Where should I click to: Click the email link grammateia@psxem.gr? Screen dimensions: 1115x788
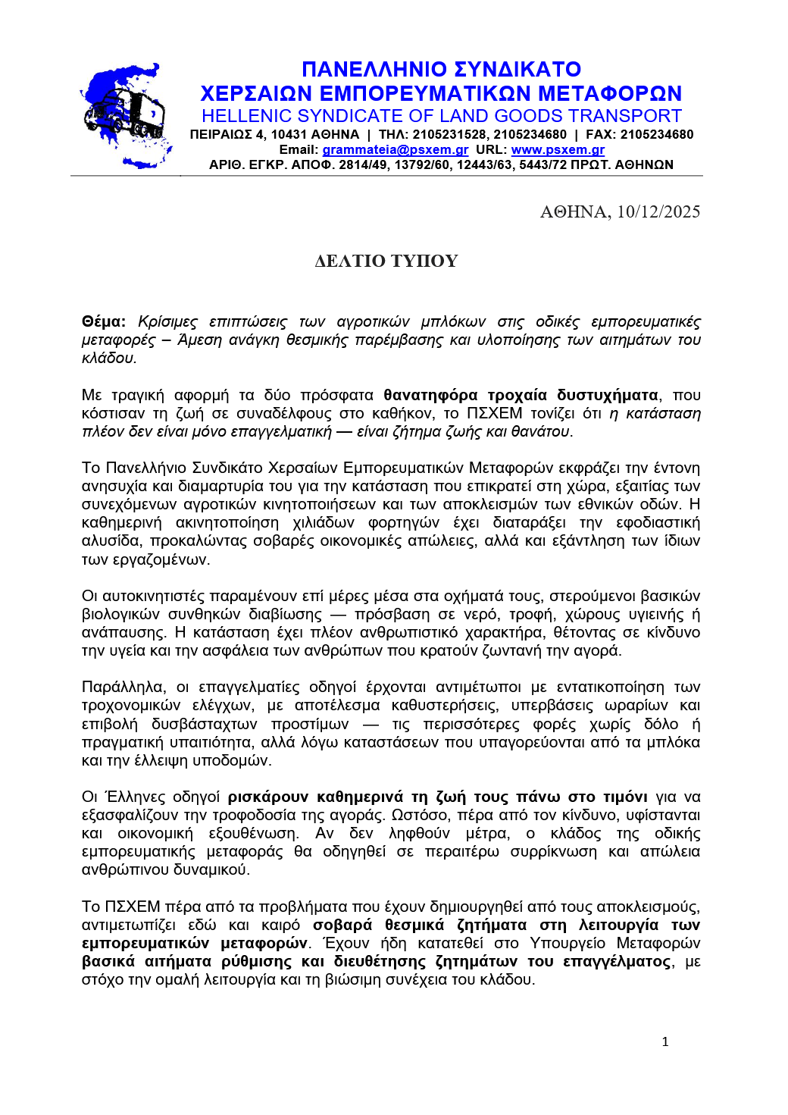point(395,150)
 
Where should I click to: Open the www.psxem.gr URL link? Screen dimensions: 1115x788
point(558,150)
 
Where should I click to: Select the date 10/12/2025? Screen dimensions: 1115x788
point(658,212)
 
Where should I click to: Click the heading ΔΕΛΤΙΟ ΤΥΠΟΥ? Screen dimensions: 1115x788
point(386,262)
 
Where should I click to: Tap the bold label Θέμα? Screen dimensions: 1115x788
point(104,322)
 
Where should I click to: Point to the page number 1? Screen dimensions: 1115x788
point(665,1041)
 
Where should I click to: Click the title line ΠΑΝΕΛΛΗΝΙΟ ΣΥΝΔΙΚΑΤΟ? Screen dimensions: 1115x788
point(441,70)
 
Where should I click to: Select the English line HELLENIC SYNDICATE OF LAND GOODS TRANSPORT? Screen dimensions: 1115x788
point(441,116)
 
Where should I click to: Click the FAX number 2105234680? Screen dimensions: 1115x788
point(656,135)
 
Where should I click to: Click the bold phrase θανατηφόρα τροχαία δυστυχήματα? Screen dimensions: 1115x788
point(521,395)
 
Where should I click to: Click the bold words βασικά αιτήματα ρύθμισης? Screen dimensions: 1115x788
point(203,962)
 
